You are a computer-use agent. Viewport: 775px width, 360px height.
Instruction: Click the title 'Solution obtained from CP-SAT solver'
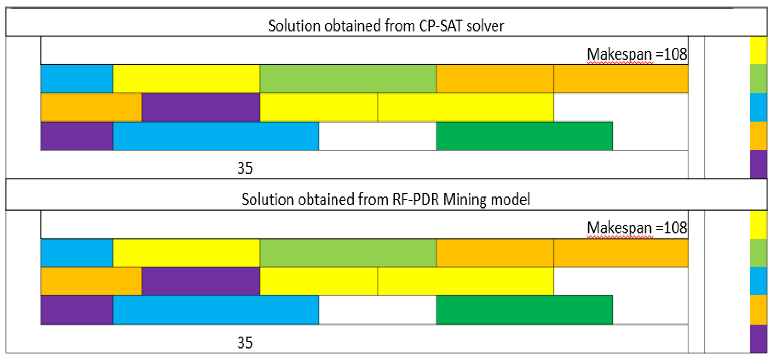(386, 26)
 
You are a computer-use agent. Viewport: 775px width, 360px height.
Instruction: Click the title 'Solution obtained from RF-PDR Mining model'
(386, 200)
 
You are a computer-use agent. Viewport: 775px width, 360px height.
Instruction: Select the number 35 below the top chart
(245, 168)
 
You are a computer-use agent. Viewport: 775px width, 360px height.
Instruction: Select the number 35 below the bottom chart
(245, 343)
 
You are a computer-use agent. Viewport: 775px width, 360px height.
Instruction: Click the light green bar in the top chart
(347, 79)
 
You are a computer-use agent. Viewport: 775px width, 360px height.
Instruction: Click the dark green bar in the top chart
(524, 136)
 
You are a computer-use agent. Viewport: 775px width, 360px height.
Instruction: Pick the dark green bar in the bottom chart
(524, 310)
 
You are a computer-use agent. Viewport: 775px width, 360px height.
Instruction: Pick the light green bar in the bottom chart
(347, 253)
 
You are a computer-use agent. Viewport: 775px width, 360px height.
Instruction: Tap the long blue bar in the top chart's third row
(215, 136)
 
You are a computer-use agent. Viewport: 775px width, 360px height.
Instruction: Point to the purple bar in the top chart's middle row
(201, 107)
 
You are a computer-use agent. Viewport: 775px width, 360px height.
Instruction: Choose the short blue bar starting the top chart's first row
(76, 79)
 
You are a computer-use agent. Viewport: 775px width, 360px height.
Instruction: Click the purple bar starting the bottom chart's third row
(76, 310)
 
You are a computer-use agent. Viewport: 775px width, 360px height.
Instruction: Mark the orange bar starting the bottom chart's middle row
(91, 281)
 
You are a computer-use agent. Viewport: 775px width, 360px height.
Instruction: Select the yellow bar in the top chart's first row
(186, 79)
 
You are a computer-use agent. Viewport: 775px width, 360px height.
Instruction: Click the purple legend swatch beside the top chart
(758, 164)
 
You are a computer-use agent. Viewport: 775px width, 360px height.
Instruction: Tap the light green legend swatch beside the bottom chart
(758, 253)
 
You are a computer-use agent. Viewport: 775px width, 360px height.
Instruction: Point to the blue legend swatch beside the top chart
(758, 107)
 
